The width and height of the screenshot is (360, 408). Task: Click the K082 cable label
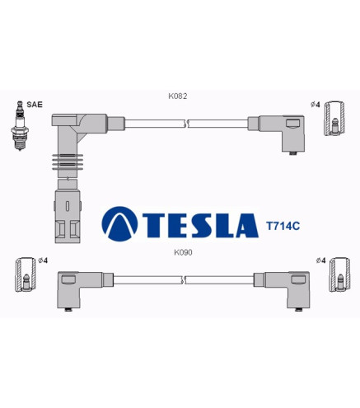click(178, 96)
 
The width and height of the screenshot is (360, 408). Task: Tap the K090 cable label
click(183, 252)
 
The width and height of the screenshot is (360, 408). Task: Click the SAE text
click(35, 105)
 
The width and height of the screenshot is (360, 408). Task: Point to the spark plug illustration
click(20, 125)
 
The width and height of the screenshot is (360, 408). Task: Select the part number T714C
click(283, 226)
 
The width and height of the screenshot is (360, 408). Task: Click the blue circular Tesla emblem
click(119, 224)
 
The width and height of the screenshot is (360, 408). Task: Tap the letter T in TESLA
click(155, 225)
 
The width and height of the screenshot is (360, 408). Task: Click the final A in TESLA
click(247, 225)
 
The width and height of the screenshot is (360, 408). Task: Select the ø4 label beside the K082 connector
click(316, 105)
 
